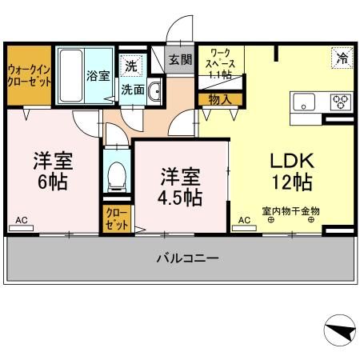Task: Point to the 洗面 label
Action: pos(133,90)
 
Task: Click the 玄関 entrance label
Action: pos(180,59)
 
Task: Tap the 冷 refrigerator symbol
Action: pos(341,57)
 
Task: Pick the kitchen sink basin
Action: pos(305,101)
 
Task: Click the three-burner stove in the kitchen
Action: pos(340,101)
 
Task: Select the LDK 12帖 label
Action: pos(290,170)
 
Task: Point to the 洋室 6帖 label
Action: pos(52,170)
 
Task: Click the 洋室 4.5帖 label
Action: pos(179,185)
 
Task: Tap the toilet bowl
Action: pos(118,174)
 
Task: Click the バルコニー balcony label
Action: pos(186,258)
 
